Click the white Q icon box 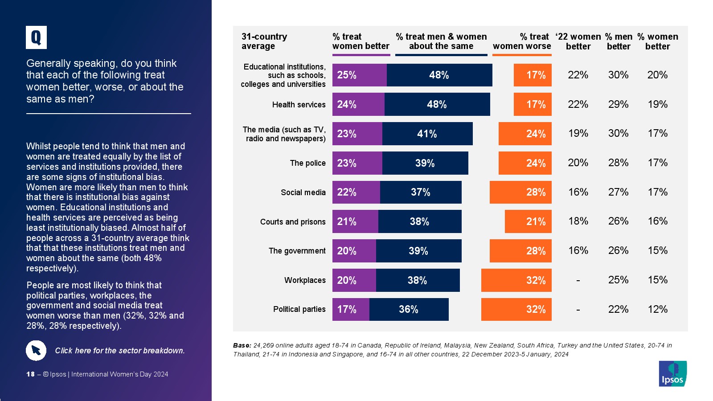(36, 37)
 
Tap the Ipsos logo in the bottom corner (673, 373)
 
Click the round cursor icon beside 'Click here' (36, 351)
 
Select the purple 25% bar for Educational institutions (359, 75)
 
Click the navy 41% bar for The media (427, 134)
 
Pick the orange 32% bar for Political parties (516, 309)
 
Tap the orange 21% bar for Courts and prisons (528, 221)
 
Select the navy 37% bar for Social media (420, 192)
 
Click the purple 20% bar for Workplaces (354, 280)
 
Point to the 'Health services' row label (299, 105)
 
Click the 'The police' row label (307, 163)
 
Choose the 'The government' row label (297, 251)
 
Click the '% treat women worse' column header (522, 41)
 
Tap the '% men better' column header (619, 41)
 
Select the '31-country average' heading (264, 41)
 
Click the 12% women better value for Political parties (657, 309)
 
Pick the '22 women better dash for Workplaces (578, 281)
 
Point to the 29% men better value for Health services (618, 104)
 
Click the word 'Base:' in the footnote (242, 345)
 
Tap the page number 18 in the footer (30, 374)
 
